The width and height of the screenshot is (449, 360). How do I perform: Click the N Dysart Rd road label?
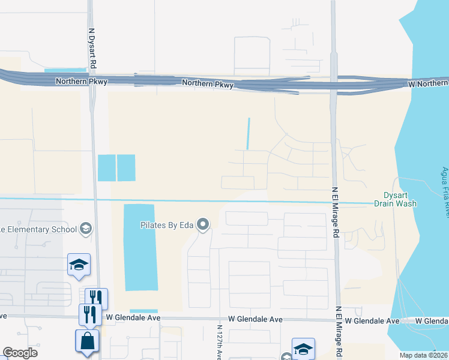point(93,48)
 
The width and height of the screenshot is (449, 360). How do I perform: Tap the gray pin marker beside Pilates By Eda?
point(203,226)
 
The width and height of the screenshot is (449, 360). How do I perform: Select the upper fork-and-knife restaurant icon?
point(96,298)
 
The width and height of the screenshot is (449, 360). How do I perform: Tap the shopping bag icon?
point(87,340)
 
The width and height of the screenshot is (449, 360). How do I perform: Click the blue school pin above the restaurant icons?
point(78,265)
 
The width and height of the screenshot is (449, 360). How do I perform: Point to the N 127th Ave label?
point(219,344)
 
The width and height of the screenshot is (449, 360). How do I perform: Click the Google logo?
point(20,353)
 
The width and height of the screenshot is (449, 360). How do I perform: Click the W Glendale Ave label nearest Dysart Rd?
point(133,317)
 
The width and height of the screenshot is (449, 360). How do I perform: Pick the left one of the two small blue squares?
point(106,167)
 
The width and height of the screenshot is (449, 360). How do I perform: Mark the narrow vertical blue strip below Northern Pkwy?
point(248,133)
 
